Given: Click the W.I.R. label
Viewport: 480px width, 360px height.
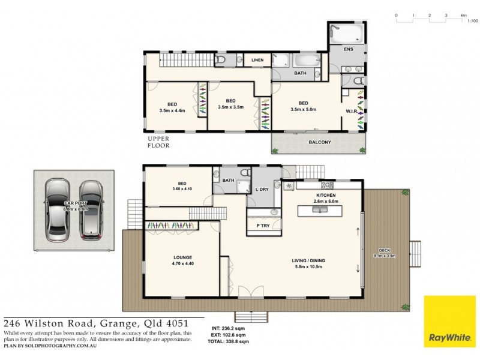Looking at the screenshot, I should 352,111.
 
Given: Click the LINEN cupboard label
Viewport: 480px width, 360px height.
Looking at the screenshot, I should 257,60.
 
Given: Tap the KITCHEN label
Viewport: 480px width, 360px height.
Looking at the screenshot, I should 325,196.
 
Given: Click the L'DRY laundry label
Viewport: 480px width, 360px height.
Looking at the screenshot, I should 262,190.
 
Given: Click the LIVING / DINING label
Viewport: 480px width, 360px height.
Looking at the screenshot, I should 308,260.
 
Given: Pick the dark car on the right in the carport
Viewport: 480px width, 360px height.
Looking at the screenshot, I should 91,211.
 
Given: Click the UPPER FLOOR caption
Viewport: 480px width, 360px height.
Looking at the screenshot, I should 159,142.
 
